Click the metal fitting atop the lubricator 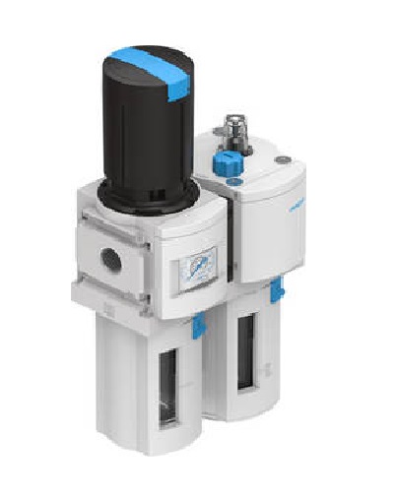click(234, 134)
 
